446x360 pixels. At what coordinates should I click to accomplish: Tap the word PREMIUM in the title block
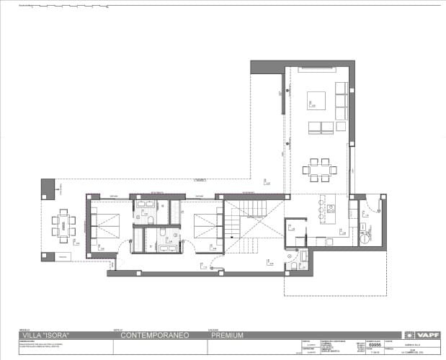point(227,336)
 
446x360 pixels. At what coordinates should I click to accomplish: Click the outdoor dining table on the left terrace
point(64,224)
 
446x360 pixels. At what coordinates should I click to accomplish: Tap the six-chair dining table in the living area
point(319,168)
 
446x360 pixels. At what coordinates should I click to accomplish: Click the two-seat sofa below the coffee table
point(316,127)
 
